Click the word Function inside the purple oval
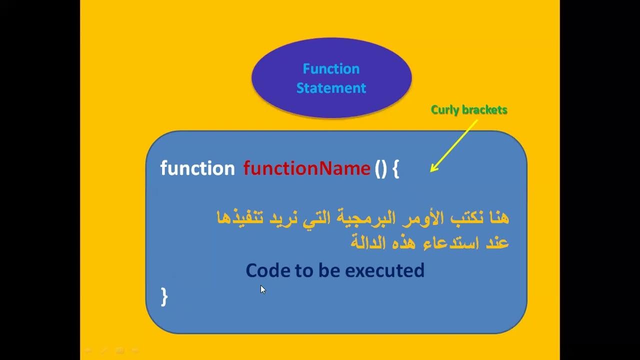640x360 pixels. (x=331, y=69)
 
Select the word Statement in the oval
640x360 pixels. (x=331, y=88)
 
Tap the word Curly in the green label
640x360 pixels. (x=444, y=110)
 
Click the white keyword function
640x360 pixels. (x=197, y=168)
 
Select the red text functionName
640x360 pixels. (x=306, y=168)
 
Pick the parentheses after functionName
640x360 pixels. (x=380, y=168)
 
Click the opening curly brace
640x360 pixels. (x=396, y=169)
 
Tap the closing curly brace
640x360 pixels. (x=164, y=296)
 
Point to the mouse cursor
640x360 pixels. (x=262, y=289)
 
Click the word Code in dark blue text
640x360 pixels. (x=267, y=270)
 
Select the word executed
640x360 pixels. (x=384, y=270)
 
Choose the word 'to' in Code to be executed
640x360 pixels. (x=303, y=270)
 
